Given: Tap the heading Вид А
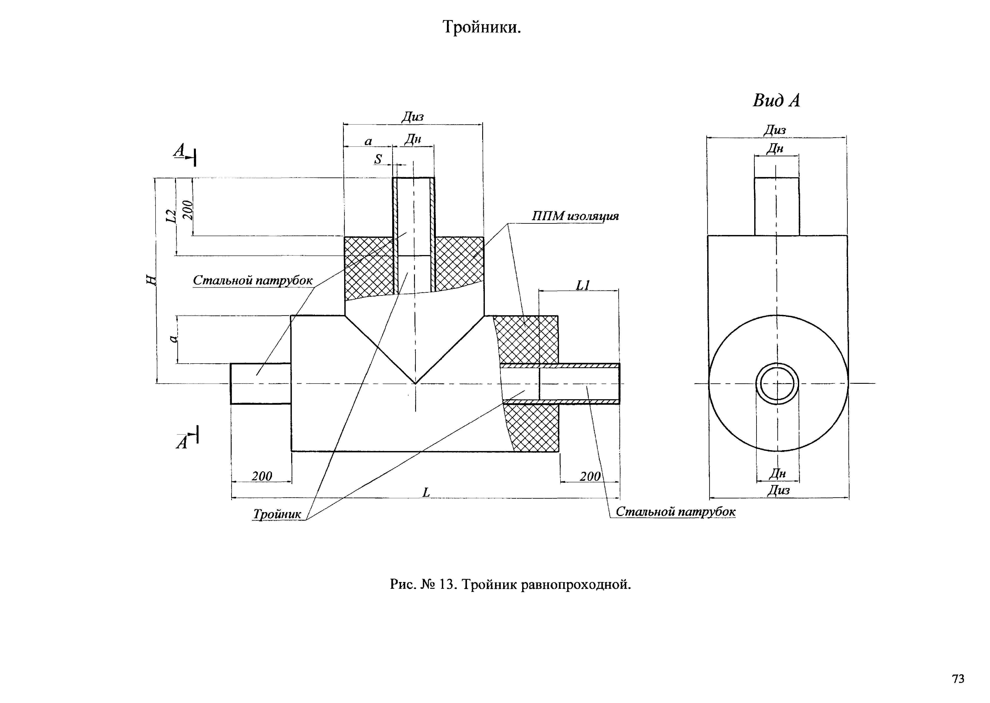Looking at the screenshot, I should click(x=776, y=101).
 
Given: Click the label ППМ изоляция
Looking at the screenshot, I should click(x=575, y=216).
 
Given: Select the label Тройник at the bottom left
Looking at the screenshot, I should click(x=277, y=514).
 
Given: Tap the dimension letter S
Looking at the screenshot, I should click(x=378, y=159).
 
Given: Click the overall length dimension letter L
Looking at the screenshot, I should click(x=426, y=492).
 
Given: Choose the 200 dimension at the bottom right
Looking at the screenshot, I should click(x=590, y=476).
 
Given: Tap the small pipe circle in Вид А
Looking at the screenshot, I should click(x=777, y=384).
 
